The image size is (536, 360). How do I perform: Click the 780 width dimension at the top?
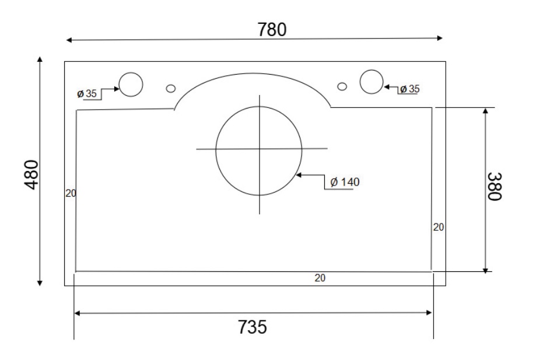272,29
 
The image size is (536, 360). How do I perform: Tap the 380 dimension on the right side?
495,186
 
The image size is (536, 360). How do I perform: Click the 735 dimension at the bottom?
252,327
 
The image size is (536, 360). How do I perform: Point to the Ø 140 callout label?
345,181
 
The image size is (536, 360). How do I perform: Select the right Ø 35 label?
409,89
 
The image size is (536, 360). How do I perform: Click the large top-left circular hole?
131,85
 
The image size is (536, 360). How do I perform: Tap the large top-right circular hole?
370,81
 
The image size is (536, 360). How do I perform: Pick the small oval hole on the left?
171,88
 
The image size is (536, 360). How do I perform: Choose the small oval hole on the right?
342,86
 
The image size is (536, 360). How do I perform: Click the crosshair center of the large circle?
259,149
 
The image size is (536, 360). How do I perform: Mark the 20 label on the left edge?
71,193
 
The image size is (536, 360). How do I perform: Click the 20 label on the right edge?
439,227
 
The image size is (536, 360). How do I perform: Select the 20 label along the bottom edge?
320,278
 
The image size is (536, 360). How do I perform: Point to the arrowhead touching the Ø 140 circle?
299,174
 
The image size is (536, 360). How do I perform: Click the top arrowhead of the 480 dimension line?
40,60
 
